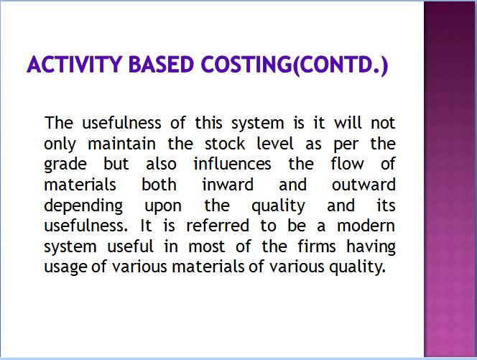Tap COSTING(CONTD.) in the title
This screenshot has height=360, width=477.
pos(295,65)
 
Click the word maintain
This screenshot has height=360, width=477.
pos(121,143)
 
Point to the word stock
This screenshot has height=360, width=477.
pos(225,143)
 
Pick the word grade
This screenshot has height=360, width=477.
pos(65,165)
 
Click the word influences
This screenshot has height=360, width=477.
pos(232,164)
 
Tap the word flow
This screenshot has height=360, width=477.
pos(347,164)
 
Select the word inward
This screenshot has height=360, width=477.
pos(228,185)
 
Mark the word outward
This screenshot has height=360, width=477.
pos(363,185)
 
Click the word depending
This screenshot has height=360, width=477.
pos(83,207)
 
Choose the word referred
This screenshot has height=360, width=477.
pos(218,226)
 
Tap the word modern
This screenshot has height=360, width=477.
pos(366,226)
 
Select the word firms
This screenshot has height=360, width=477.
pos(316,246)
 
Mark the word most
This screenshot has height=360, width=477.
pos(207,246)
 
